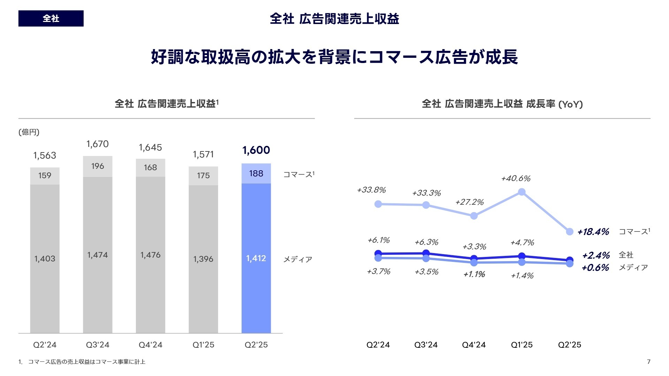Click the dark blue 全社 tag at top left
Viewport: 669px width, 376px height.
(x=51, y=18)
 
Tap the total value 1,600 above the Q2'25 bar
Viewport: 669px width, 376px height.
(x=256, y=150)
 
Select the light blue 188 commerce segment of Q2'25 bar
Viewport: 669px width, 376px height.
(x=256, y=173)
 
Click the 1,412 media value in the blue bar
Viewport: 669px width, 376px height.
(x=256, y=258)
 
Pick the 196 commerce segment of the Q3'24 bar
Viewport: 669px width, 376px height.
(x=98, y=166)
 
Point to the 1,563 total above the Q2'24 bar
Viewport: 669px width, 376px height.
(x=45, y=155)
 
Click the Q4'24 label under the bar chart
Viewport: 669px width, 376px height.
(x=151, y=345)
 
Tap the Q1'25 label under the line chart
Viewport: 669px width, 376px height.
(x=522, y=345)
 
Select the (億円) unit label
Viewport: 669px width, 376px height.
(x=29, y=132)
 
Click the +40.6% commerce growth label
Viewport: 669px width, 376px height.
(x=516, y=179)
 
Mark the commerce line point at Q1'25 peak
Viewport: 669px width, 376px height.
(x=522, y=192)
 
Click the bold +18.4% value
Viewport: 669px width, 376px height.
(x=593, y=232)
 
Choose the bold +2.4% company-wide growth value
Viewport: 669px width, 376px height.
(x=596, y=256)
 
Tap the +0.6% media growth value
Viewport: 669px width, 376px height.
(x=595, y=268)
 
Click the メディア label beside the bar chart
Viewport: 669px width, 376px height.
(x=298, y=259)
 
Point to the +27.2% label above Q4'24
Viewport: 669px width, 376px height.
(x=469, y=202)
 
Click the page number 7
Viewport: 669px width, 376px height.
(x=648, y=362)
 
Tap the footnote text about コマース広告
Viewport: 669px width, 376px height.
(x=86, y=362)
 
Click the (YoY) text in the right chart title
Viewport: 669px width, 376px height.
(x=570, y=104)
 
